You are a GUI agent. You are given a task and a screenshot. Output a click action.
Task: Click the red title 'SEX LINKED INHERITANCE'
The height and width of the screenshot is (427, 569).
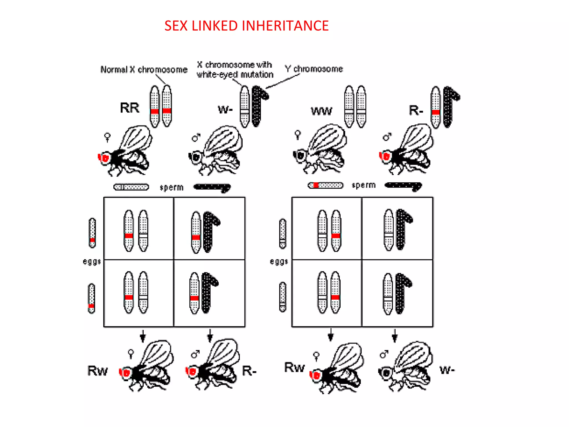246,26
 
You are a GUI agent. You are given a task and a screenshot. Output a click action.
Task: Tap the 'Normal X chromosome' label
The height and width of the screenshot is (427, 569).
144,69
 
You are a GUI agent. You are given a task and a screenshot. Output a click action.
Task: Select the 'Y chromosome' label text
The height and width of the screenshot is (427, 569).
314,69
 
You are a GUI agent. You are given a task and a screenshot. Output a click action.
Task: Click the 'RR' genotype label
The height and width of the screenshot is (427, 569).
129,108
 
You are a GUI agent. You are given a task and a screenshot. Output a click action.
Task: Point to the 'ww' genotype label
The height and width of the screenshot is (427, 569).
321,111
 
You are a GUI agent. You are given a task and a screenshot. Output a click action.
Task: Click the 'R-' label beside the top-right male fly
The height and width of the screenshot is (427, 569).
416,110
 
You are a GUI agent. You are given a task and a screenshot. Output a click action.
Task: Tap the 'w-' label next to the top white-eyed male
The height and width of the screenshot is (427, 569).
225,109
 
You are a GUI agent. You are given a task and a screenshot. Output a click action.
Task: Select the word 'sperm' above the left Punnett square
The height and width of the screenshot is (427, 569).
171,187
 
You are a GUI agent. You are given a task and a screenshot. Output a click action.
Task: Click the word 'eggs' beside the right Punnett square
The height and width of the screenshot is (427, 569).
279,262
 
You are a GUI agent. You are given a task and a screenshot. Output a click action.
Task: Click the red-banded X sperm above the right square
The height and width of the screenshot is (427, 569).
325,185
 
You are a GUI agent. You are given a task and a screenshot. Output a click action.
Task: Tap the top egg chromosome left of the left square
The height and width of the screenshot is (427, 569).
92,233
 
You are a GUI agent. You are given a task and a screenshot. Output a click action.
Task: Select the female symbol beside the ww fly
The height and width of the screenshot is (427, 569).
298,135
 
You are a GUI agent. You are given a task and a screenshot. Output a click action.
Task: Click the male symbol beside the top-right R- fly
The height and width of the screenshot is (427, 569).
387,136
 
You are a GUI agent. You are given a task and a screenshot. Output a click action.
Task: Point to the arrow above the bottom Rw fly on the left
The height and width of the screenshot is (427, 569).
143,336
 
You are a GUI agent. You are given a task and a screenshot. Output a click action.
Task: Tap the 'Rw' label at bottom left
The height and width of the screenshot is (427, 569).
98,371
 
